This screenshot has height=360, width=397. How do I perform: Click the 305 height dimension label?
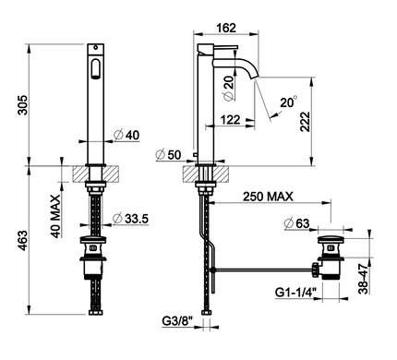click(23, 105)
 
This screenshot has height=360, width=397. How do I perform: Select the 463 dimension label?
click(23, 240)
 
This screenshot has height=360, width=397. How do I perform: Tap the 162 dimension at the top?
click(226, 28)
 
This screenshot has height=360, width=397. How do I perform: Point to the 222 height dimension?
click(306, 122)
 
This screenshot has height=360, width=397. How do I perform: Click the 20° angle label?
click(289, 102)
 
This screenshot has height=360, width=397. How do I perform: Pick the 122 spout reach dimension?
click(230, 119)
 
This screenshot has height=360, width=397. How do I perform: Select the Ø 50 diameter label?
click(168, 154)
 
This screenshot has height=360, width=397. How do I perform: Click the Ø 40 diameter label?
click(126, 135)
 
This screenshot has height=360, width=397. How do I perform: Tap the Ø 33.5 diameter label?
click(130, 219)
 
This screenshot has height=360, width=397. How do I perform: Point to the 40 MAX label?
click(55, 216)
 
